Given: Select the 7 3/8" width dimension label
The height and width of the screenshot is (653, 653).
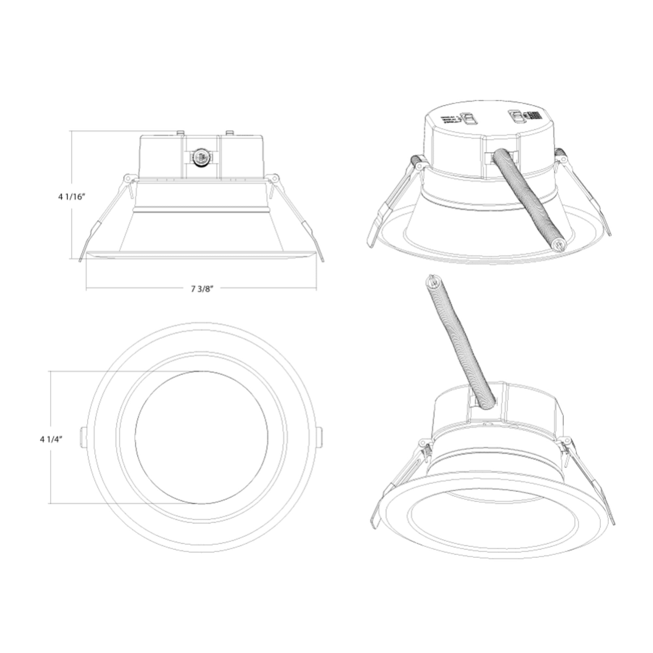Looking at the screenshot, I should coord(202,289).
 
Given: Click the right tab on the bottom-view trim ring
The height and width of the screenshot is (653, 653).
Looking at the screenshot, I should coord(320,438).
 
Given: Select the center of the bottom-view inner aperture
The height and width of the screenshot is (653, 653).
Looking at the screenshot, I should coord(201,438).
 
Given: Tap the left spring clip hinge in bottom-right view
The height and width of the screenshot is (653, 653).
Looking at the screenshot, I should coord(423,442).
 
